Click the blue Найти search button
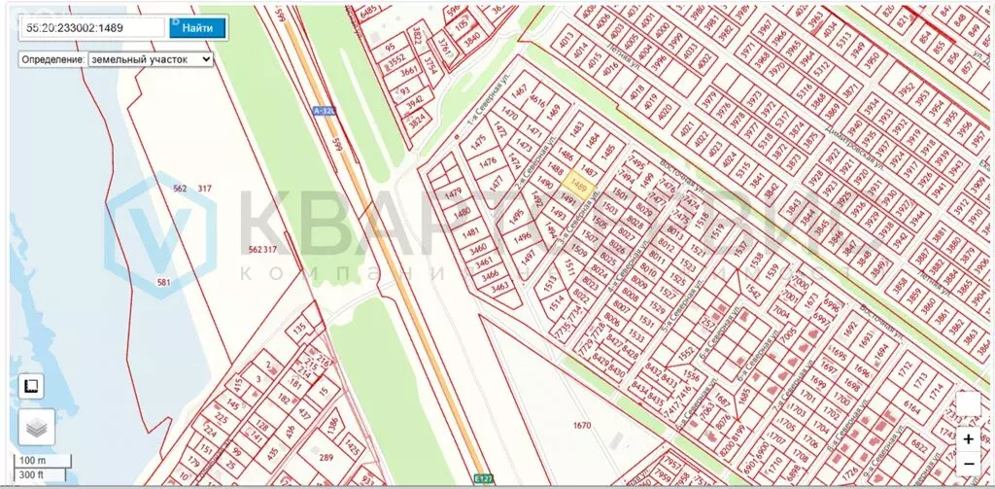pyautogui.click(x=197, y=27)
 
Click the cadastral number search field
pyautogui.click(x=92, y=28)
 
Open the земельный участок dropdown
pyautogui.click(x=150, y=59)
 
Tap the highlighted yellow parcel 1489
pyautogui.click(x=580, y=185)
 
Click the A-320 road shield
pyautogui.click(x=325, y=111)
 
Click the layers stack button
pyautogui.click(x=36, y=427)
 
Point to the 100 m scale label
pyautogui.click(x=33, y=460)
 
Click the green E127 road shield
pyautogui.click(x=484, y=478)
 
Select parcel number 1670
pyautogui.click(x=582, y=425)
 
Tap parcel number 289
pyautogui.click(x=326, y=458)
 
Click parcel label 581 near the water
pyautogui.click(x=163, y=282)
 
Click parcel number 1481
pyautogui.click(x=470, y=232)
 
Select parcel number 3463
pyautogui.click(x=500, y=286)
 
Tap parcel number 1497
pyautogui.click(x=529, y=257)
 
